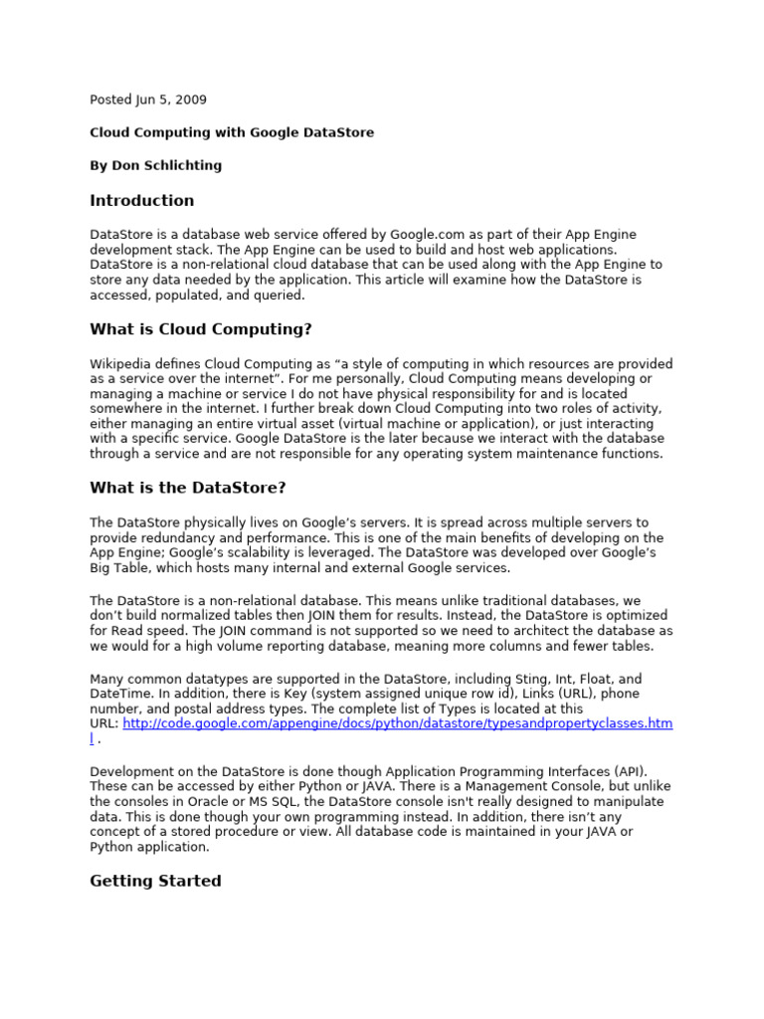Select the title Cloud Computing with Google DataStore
[x=232, y=132]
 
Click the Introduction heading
[x=142, y=200]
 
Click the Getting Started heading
[x=155, y=881]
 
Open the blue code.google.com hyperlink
[x=398, y=723]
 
